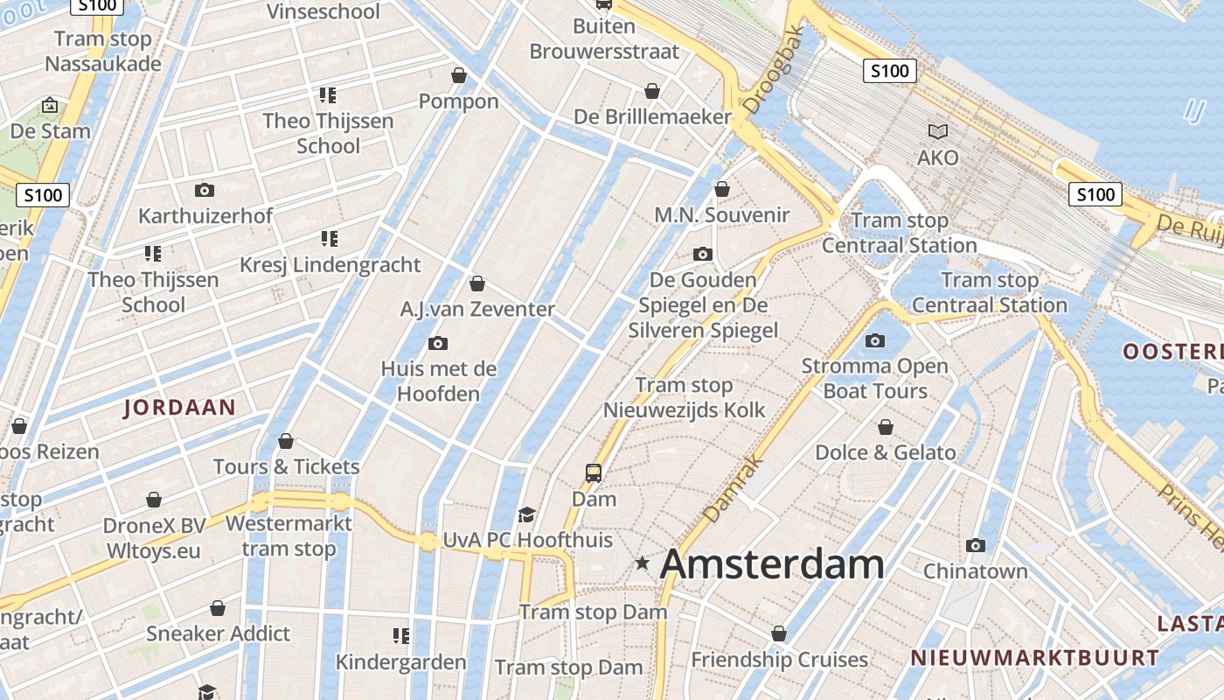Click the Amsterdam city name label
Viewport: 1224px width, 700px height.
772,564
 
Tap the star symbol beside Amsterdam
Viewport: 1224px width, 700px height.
643,564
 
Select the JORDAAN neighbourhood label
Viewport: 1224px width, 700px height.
180,407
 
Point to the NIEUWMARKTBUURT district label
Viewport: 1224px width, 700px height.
1034,658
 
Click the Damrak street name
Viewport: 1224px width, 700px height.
722,489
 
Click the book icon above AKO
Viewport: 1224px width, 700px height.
938,131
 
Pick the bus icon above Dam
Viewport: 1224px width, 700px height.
594,473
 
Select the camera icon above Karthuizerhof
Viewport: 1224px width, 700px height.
205,190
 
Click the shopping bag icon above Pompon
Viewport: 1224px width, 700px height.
459,76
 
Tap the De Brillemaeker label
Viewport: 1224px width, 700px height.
652,116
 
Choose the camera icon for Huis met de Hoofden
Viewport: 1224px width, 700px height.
438,343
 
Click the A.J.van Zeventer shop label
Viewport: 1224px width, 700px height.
477,309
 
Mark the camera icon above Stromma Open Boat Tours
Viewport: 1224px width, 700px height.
875,340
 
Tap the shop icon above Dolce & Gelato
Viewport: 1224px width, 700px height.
886,427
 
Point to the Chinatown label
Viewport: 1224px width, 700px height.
976,571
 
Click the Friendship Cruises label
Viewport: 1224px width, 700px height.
779,659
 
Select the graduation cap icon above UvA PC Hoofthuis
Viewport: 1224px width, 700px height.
526,514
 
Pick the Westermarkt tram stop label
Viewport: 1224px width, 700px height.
289,536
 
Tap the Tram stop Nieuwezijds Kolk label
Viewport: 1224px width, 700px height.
684,397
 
